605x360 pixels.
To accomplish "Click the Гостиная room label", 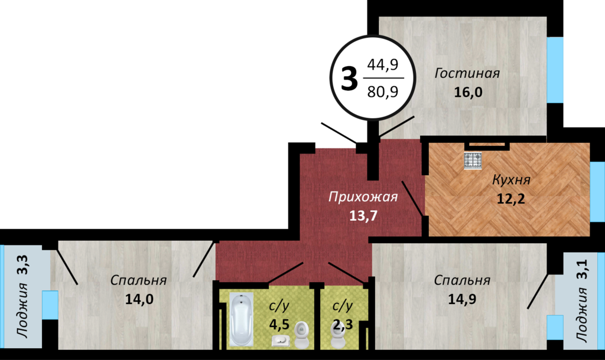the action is (467, 73).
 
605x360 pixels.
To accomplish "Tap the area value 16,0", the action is (468, 93).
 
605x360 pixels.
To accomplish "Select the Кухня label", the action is (511, 179).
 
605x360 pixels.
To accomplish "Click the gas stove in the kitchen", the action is (473, 161).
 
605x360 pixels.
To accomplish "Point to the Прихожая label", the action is (363, 197).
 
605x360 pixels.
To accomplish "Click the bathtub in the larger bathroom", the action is (242, 319).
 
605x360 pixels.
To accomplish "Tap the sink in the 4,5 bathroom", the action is (281, 341).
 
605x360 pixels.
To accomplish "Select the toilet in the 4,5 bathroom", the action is (302, 335).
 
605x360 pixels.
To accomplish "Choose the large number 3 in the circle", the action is (350, 79).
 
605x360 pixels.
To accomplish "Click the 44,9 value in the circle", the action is (382, 64).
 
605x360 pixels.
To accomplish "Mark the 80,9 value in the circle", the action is (383, 91).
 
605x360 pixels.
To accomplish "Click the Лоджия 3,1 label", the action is (582, 300).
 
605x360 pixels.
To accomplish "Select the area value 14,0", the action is (139, 299).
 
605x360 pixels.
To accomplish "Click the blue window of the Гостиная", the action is (555, 70).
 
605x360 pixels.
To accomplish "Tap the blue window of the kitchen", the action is (597, 192).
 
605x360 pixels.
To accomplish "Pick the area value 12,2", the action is (511, 199).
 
